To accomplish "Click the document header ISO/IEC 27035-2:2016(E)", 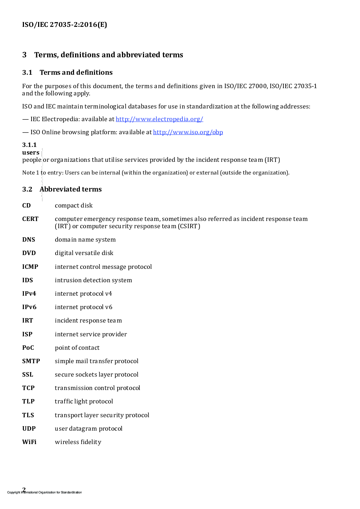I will point(65,25).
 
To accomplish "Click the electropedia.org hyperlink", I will point(159,119).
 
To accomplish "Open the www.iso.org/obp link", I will point(188,132).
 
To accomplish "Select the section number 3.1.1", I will point(29,145).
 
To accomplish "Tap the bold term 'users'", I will point(30,152).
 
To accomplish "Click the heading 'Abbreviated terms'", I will point(71,189).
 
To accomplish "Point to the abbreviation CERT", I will point(30,219).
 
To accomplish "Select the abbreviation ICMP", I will point(30,267).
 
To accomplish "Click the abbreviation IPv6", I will point(29,307).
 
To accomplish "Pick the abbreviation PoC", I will point(28,348).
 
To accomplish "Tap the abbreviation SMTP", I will point(31,361).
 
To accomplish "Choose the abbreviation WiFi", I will point(29,442).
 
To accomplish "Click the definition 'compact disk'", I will point(74,205).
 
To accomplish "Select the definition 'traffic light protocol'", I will point(84,401).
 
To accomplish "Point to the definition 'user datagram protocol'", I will point(89,428).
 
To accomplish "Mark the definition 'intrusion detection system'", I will point(93,280).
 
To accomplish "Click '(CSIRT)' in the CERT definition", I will point(189,226).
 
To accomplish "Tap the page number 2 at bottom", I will point(24,489).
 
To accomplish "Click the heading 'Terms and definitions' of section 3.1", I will point(76,72).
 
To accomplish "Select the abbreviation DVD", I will point(29,253).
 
